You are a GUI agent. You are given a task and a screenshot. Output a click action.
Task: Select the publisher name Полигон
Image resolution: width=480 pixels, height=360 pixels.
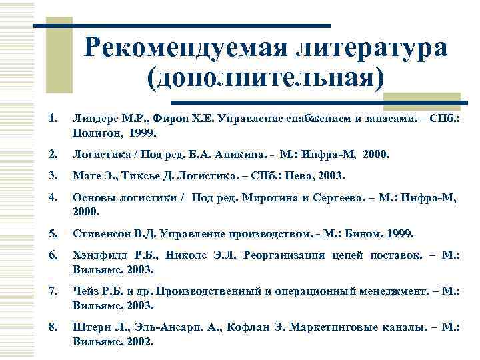tap(95, 133)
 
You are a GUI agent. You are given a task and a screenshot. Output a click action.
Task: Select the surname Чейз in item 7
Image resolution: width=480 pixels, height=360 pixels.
tap(87, 292)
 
